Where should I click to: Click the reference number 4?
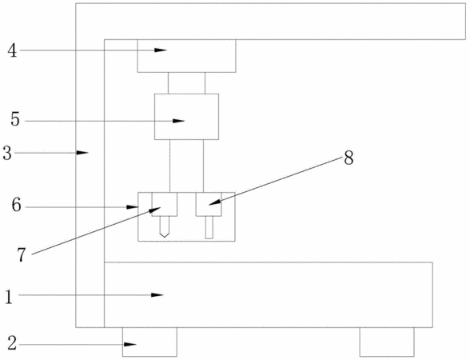pos(12,50)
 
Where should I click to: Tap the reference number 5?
pos(15,120)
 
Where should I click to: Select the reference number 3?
pos(7,153)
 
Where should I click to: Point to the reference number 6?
pos(17,206)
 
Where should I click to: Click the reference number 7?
pos(22,256)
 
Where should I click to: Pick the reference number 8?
pos(349,158)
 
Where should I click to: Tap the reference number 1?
pos(9,298)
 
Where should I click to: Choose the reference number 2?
pos(12,343)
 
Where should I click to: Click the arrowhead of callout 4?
pos(161,50)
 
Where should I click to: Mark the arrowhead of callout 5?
pos(178,121)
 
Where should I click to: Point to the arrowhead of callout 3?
pos(82,153)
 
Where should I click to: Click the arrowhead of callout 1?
pos(157,295)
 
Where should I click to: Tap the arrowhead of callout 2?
pos(130,344)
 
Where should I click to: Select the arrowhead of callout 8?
pos(214,202)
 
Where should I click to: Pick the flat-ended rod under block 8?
pos(209,227)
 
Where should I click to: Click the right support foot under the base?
pos(387,342)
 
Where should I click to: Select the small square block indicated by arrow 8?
pos(209,204)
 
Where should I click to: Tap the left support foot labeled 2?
pos(149,342)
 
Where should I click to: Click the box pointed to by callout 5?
pos(186,117)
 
